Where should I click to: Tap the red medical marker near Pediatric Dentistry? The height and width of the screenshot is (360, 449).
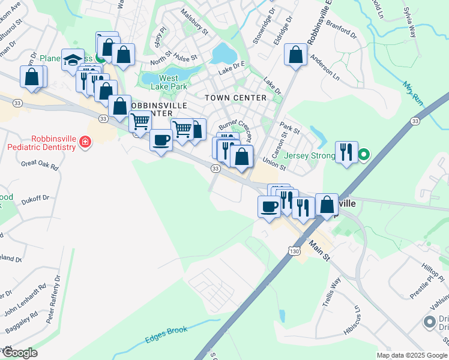pyautogui.click(x=85, y=143)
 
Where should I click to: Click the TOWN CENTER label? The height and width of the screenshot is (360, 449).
pyautogui.click(x=235, y=98)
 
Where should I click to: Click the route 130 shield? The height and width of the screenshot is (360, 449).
pyautogui.click(x=293, y=247)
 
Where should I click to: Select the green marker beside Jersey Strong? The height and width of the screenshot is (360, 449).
pyautogui.click(x=363, y=156)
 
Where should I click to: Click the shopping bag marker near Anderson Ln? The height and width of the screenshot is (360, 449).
pyautogui.click(x=297, y=55)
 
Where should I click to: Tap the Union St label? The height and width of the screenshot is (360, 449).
pyautogui.click(x=274, y=163)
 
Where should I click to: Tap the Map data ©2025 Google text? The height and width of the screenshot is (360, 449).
pyautogui.click(x=412, y=355)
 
